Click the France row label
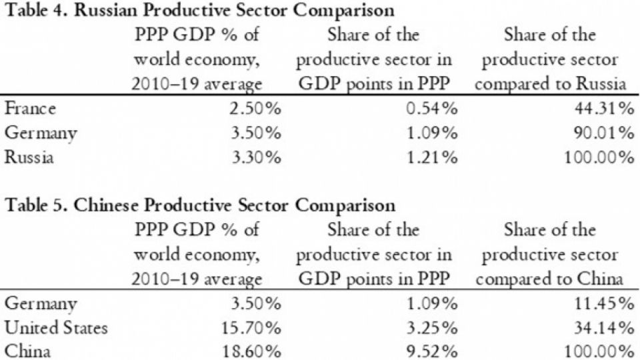[x=30, y=109]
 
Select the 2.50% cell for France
[x=255, y=109]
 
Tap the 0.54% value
[x=432, y=109]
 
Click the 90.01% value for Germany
[x=605, y=133]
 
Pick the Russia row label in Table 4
[x=29, y=157]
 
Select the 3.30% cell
[x=256, y=157]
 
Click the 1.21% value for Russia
[x=432, y=157]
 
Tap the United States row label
[x=56, y=328]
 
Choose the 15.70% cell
[x=251, y=328]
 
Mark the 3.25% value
[x=432, y=328]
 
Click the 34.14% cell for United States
[x=605, y=328]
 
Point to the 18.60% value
[x=251, y=352]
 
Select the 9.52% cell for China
[x=432, y=352]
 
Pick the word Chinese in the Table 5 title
[x=106, y=205]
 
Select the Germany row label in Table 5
[x=41, y=305]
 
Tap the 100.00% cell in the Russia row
[x=599, y=157]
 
